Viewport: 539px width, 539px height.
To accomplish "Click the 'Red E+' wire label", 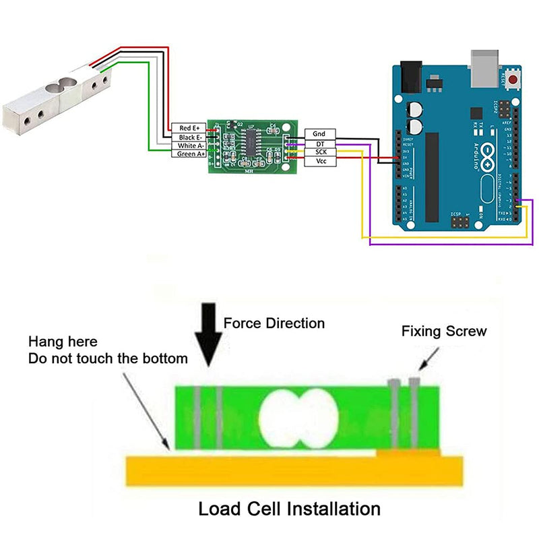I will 188,127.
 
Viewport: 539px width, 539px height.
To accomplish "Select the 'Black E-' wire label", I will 188,137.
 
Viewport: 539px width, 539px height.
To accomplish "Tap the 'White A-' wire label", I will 188,146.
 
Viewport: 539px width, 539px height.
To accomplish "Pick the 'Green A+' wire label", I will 188,154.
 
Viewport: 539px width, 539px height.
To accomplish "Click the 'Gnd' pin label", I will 319,134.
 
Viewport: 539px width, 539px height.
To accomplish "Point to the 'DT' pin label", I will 319,144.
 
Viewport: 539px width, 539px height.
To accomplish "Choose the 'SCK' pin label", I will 319,152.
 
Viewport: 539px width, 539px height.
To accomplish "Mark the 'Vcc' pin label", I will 319,162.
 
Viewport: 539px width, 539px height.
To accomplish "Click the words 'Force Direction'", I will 274,323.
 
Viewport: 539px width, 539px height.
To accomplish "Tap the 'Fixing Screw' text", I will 443,331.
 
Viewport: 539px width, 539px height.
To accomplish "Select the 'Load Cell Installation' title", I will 289,508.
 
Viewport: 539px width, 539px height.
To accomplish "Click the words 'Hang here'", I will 63,342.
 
